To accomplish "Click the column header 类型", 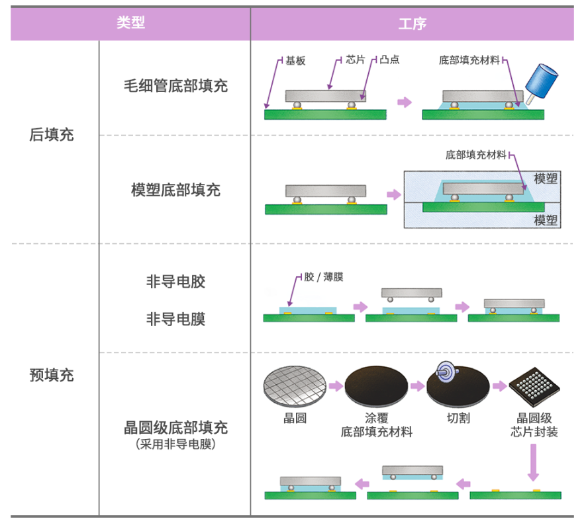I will pos(130,23).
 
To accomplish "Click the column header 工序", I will pos(412,24).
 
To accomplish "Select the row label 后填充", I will pos(52,135).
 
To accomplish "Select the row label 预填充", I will pos(52,376).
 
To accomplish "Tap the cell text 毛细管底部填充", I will pos(175,86).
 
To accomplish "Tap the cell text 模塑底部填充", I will pos(175,190).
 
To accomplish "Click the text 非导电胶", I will pos(175,282).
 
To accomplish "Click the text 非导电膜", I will pos(175,319).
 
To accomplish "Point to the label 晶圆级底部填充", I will pos(175,427).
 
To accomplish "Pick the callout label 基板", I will pos(295,60).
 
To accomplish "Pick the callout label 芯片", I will pos(355,60).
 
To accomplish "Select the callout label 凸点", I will pos(390,60).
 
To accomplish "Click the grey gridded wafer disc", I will pos(295,386).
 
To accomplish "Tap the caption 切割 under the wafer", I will pos(458,419).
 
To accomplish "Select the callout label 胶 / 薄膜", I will pos(324,277).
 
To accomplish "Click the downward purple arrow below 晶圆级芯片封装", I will pos(534,462).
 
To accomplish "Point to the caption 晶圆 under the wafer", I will pos(295,419).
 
